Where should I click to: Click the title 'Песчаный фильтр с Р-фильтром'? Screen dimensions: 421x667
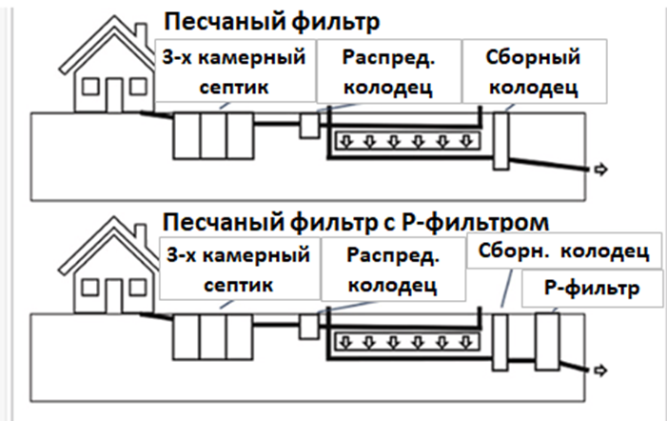point(357,221)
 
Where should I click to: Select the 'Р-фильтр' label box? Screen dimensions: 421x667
point(591,287)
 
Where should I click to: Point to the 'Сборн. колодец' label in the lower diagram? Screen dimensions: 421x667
point(562,252)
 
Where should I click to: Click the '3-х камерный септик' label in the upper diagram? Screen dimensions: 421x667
point(234,71)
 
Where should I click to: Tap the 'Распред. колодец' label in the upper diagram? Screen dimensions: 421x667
point(387,71)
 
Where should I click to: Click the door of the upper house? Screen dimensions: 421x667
point(115,94)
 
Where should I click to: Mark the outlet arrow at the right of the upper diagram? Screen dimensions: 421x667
point(600,170)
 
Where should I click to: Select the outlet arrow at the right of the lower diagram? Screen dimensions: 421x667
point(600,371)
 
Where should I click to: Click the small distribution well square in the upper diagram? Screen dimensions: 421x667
point(309,126)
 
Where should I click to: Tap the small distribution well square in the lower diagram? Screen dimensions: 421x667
point(309,326)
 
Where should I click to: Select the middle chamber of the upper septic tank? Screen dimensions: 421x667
point(212,135)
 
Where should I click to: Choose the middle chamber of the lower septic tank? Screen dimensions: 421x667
point(212,336)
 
